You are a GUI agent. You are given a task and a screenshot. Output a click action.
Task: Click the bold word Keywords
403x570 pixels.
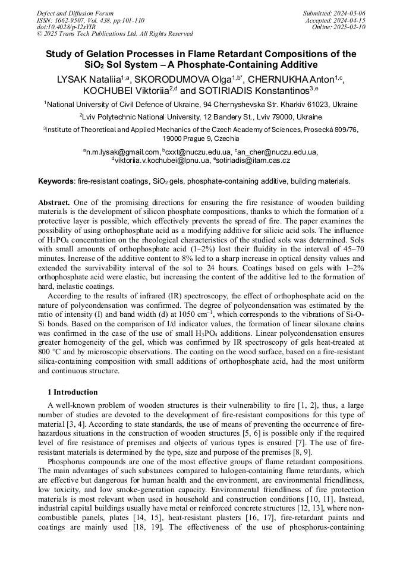56,181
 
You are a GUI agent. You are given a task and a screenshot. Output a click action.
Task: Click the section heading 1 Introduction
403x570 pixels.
73,392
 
